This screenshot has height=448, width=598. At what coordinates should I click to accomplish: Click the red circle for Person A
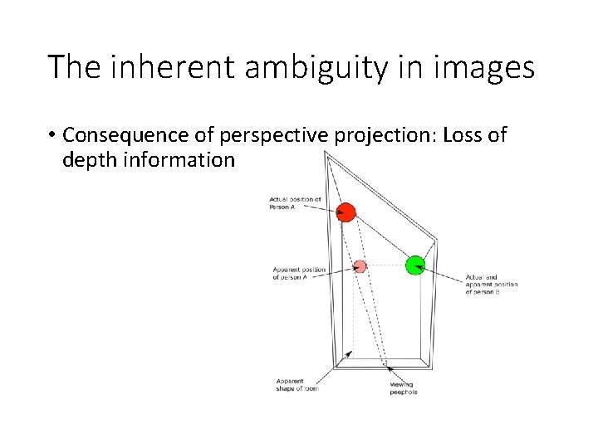347,212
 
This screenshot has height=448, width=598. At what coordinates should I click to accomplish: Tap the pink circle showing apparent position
360,266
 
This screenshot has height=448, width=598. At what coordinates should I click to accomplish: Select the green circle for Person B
414,265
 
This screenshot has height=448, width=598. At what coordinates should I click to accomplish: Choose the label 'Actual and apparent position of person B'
492,284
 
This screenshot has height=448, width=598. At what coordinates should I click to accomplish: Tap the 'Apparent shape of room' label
297,385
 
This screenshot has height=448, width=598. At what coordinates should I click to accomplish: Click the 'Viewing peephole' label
404,388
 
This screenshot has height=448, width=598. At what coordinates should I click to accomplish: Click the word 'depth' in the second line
87,160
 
